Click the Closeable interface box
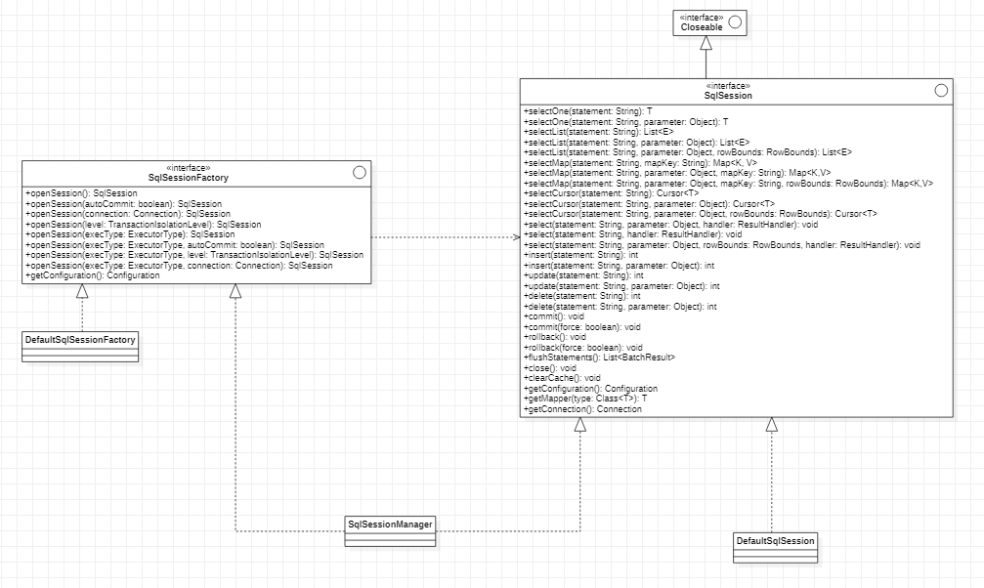(x=709, y=23)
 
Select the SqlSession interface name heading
(x=728, y=96)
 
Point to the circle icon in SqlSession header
(x=941, y=91)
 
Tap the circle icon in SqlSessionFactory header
(x=359, y=173)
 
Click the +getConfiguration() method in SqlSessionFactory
(x=93, y=275)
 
